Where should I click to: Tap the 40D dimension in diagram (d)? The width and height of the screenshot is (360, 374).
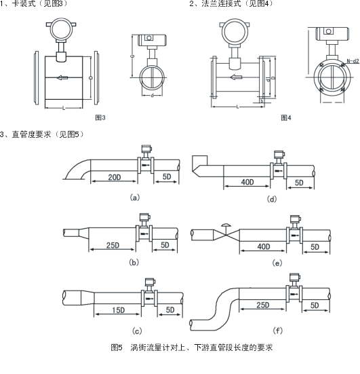click(x=246, y=183)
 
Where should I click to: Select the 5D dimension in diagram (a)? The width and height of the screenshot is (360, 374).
click(x=166, y=178)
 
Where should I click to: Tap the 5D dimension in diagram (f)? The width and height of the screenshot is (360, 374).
click(x=315, y=306)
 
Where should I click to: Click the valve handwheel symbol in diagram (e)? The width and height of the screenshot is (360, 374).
click(x=226, y=223)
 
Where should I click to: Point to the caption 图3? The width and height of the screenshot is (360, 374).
click(x=100, y=117)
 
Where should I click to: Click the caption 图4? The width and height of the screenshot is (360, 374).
click(x=286, y=117)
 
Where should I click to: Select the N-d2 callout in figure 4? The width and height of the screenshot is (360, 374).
click(x=351, y=62)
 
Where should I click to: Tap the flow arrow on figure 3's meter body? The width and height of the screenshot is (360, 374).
click(x=64, y=77)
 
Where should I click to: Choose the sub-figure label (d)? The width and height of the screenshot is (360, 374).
click(x=272, y=199)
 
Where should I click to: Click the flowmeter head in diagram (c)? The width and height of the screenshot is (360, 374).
click(x=146, y=280)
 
